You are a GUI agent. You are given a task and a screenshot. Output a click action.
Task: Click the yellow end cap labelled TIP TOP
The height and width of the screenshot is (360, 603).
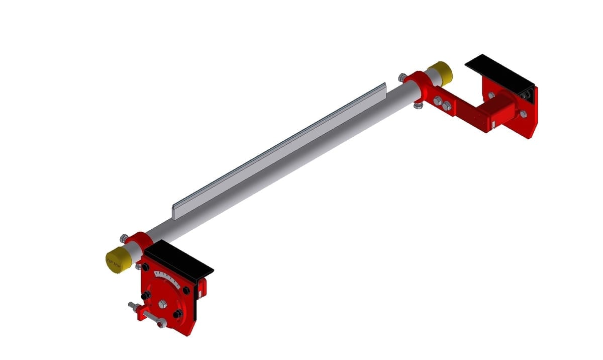[118, 260]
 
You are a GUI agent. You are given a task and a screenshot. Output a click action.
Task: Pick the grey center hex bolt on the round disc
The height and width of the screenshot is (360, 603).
[162, 304]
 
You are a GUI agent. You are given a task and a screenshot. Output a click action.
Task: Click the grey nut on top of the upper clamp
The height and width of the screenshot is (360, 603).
[402, 77]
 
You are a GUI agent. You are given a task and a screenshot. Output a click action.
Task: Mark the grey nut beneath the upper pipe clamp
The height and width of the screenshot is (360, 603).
[418, 105]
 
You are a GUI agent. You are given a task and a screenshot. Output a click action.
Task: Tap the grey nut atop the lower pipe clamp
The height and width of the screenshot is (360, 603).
[124, 237]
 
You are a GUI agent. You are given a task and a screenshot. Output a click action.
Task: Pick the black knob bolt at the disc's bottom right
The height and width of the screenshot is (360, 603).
[177, 314]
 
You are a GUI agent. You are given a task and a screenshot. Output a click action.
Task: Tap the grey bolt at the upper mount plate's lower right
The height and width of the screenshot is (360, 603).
[523, 115]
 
